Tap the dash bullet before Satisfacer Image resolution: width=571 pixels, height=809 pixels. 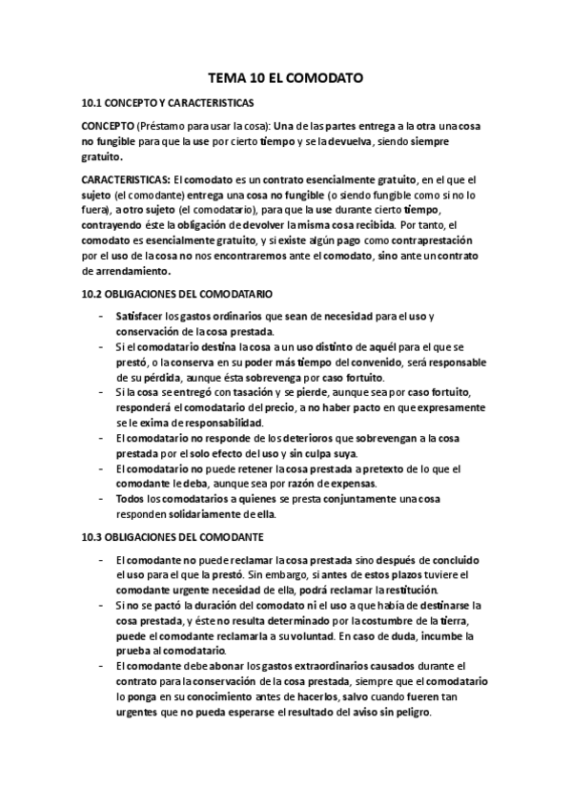click(x=102, y=316)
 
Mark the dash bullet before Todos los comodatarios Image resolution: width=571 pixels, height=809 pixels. click(x=102, y=499)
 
